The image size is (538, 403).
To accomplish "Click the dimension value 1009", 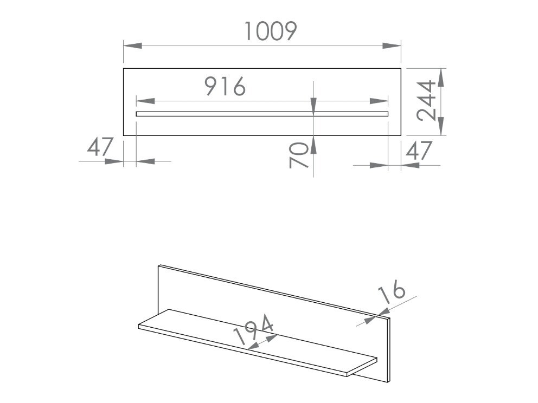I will tap(270, 31).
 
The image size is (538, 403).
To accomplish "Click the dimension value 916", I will tap(225, 86).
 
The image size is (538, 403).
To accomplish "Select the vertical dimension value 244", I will tap(426, 101).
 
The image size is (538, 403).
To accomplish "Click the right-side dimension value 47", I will tap(419, 151).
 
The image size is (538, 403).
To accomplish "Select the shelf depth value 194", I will tap(253, 330).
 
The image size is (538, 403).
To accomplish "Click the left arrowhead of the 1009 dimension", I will tap(132, 45).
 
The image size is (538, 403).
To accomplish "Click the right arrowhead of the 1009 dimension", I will tap(392, 45).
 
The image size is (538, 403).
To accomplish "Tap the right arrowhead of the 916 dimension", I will tap(379, 101).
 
